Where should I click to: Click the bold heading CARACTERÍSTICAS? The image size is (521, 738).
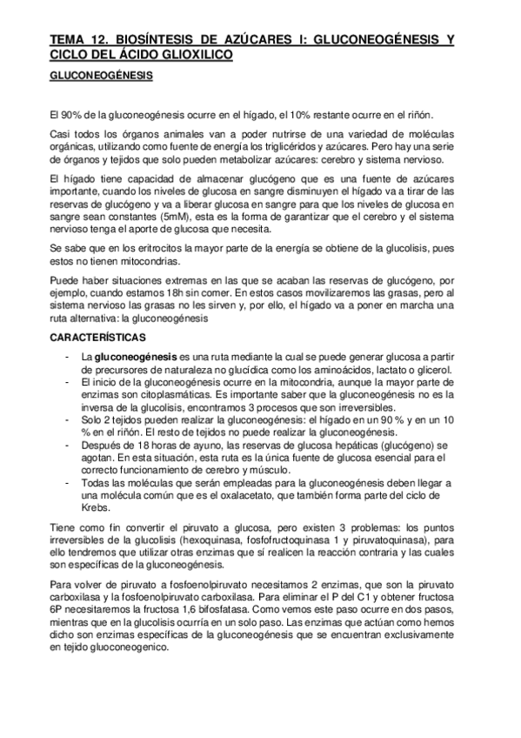97,335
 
